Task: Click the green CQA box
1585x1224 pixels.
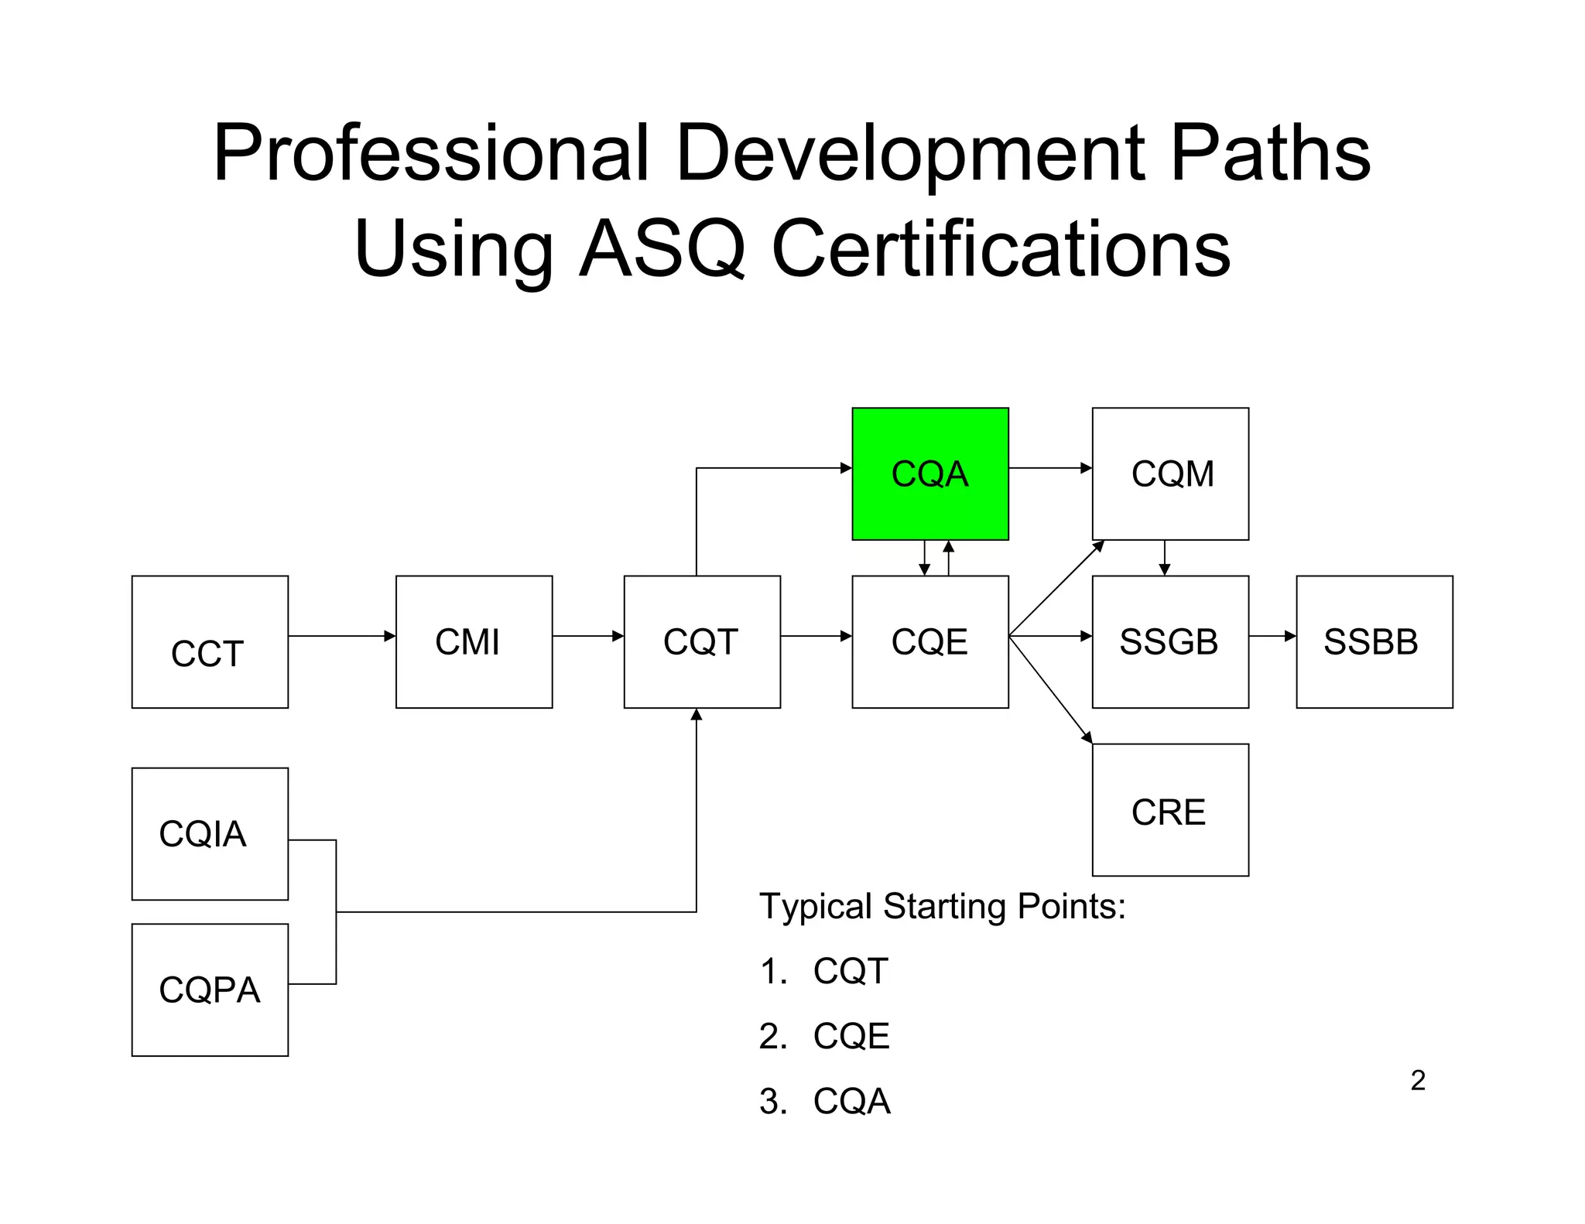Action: [929, 474]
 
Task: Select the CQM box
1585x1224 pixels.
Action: [1169, 474]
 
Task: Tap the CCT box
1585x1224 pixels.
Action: [210, 641]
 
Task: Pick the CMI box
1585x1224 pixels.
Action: [474, 641]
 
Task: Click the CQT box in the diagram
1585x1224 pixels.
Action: [701, 641]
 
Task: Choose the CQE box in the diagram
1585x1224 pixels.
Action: [929, 641]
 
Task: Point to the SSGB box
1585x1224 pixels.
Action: [1169, 641]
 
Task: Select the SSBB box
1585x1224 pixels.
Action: [1374, 641]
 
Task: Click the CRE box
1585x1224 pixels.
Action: [1169, 809]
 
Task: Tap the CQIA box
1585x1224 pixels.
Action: [210, 833]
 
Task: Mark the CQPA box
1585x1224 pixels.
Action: [210, 990]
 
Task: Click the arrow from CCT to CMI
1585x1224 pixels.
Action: [341, 636]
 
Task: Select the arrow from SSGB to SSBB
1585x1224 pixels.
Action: [1272, 636]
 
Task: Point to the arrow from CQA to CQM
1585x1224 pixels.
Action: [1049, 468]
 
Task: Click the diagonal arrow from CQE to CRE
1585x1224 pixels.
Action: [1050, 689]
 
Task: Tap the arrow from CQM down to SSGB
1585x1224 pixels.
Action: [1165, 558]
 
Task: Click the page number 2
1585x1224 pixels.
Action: [1418, 1080]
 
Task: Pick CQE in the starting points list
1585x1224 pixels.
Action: [851, 1036]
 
